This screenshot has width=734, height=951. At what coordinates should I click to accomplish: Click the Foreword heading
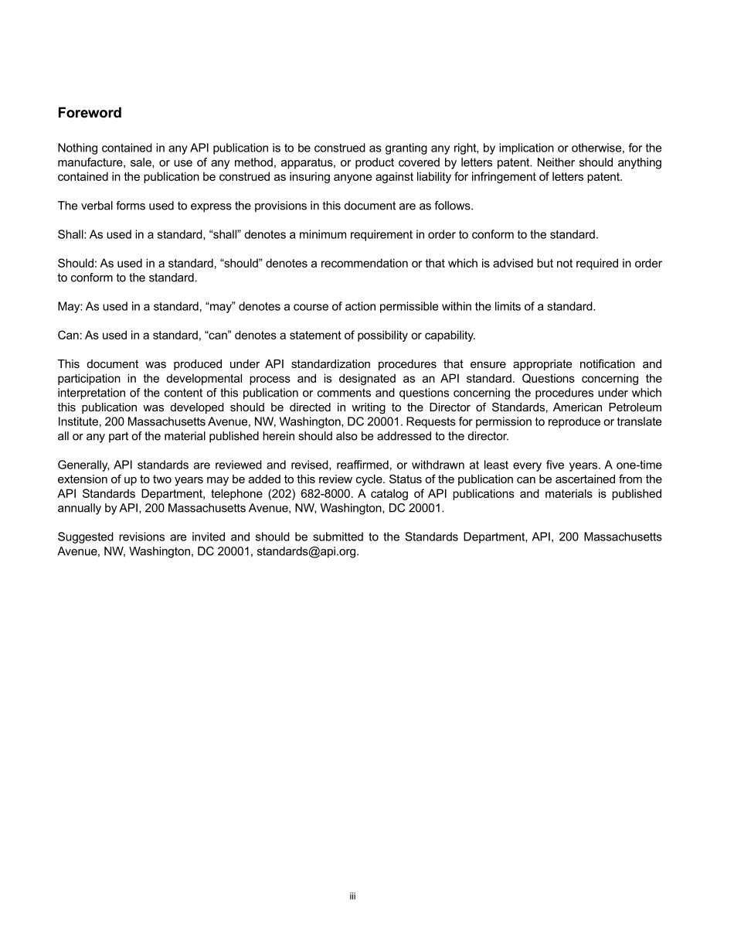point(90,113)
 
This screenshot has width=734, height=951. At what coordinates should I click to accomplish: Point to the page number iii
point(352,897)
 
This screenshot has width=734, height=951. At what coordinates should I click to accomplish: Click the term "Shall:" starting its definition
point(72,234)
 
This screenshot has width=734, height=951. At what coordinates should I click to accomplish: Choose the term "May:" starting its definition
point(70,307)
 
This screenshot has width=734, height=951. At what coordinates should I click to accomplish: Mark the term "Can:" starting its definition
point(70,336)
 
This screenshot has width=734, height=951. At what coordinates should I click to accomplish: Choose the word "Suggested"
point(86,537)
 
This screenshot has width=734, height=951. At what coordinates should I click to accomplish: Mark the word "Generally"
point(83,465)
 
